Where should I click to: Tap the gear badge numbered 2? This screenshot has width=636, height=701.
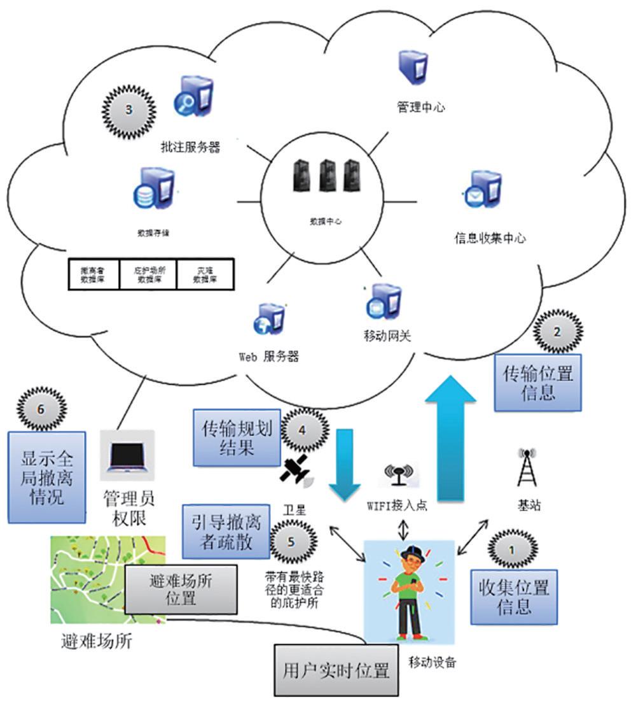[x=557, y=331]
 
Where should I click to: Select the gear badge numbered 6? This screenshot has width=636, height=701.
[x=41, y=409]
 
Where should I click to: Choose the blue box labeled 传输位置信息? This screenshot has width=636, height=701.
[x=538, y=383]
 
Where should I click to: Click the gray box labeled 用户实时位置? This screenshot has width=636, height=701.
[x=336, y=670]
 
